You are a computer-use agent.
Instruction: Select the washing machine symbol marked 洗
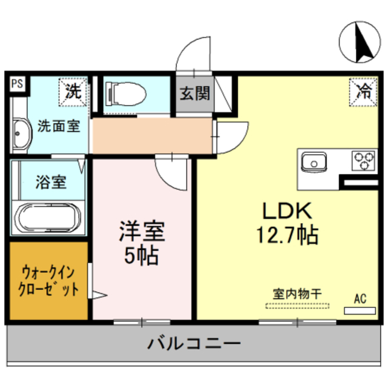pyautogui.click(x=72, y=92)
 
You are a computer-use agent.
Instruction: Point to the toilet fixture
pyautogui.click(x=125, y=94)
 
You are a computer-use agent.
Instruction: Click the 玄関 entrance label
pyautogui.click(x=194, y=94)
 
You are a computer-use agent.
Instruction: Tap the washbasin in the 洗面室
pyautogui.click(x=21, y=133)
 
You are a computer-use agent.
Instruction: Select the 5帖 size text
pyautogui.click(x=141, y=256)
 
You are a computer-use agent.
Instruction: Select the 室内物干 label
pyautogui.click(x=296, y=293)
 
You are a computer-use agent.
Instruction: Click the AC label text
pyautogui.click(x=360, y=298)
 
